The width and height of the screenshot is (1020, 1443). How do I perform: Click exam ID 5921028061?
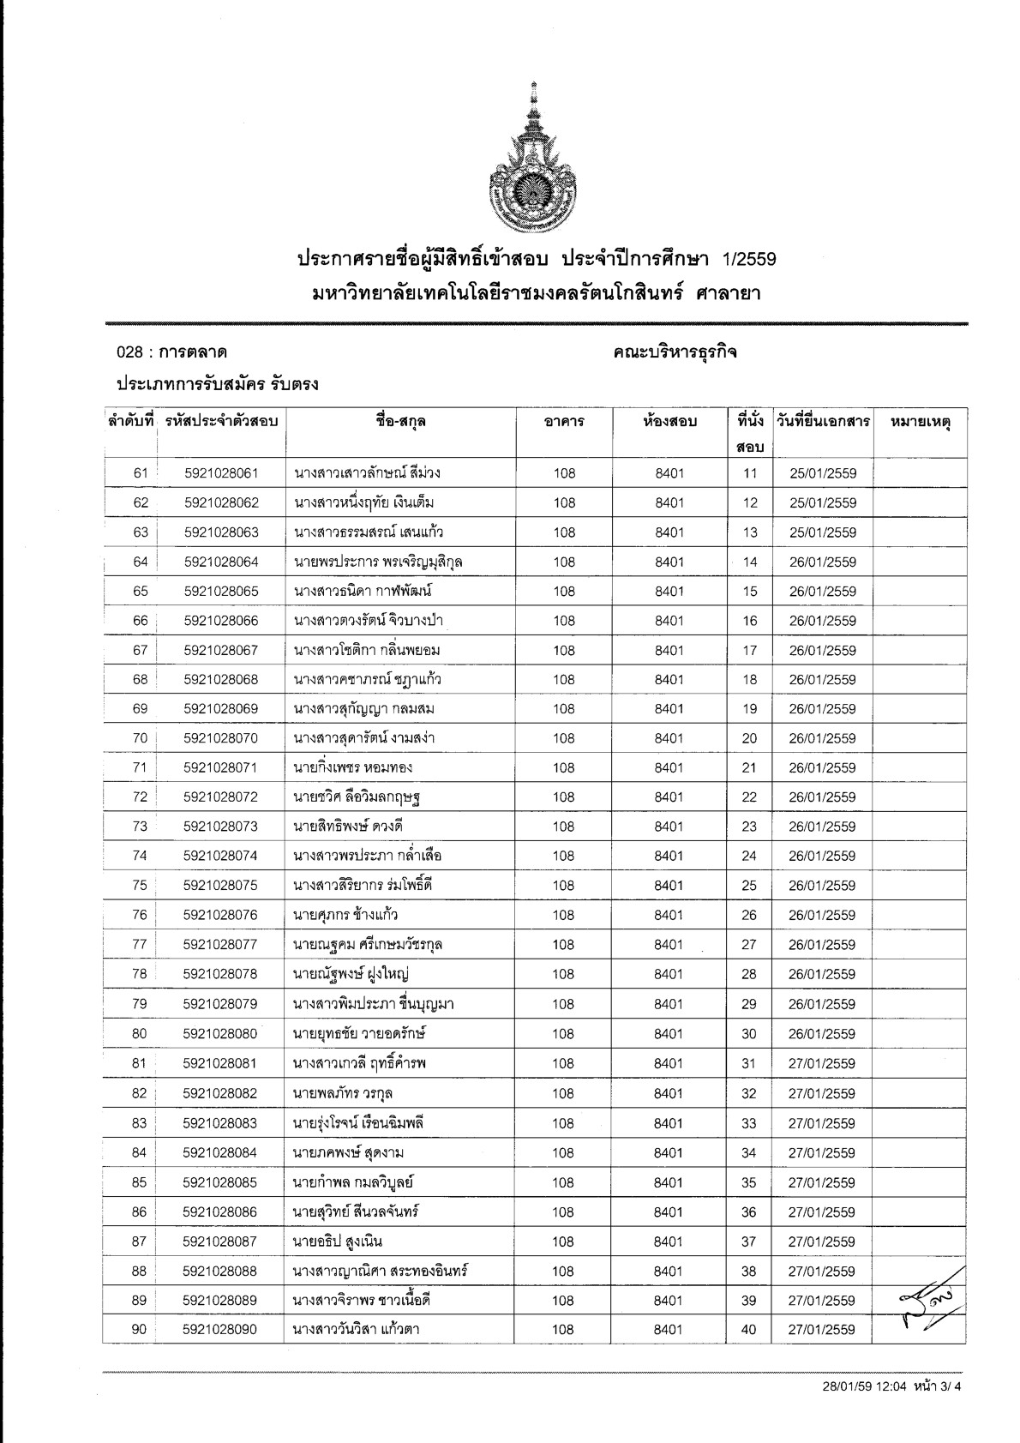(x=221, y=473)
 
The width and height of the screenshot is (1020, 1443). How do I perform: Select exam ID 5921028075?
(x=220, y=886)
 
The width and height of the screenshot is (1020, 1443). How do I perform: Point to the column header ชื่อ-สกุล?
(x=400, y=422)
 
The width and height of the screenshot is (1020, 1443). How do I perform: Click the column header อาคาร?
(x=564, y=422)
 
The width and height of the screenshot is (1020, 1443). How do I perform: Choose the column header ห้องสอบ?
(x=669, y=422)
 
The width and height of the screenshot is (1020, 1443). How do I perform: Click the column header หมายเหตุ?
(x=921, y=422)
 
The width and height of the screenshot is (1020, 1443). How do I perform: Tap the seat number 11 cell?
(x=750, y=473)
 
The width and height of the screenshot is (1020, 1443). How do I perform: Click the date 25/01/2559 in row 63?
(x=823, y=532)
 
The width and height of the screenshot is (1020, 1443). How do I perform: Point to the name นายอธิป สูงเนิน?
(x=338, y=1242)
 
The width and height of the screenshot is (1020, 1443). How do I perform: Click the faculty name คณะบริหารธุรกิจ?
(x=675, y=352)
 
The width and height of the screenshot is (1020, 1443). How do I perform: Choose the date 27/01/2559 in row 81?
(x=822, y=1064)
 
